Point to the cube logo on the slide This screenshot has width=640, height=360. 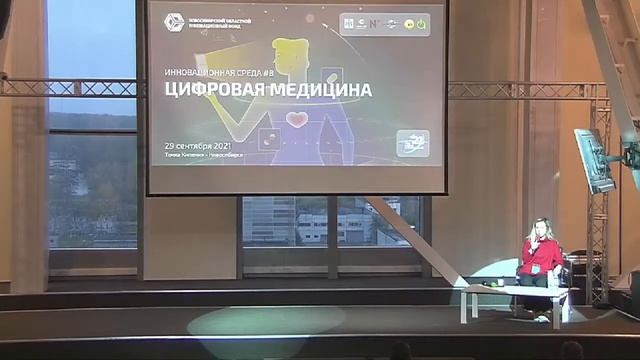point(175,22)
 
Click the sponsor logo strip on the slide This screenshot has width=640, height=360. point(385,23)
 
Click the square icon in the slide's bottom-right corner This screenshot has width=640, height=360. point(412,143)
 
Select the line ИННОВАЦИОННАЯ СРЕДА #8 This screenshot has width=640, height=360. point(218,73)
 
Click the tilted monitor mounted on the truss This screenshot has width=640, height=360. point(594,159)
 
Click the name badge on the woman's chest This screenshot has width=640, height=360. point(537,269)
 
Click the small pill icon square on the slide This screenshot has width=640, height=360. point(268,139)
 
